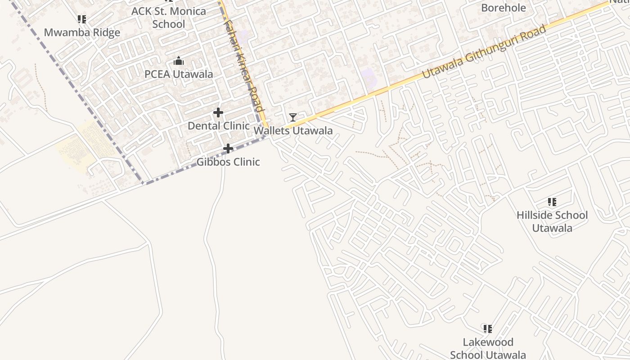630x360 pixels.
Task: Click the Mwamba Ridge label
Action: click(x=82, y=32)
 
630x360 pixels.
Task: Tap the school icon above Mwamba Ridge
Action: click(x=81, y=19)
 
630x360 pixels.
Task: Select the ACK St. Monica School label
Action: click(x=169, y=18)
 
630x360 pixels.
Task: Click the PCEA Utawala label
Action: click(x=179, y=74)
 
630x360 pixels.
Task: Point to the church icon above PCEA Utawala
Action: click(x=179, y=61)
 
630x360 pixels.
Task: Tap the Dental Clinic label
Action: click(x=219, y=126)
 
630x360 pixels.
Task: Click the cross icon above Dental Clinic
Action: click(x=218, y=112)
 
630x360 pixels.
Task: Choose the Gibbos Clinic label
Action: click(x=228, y=162)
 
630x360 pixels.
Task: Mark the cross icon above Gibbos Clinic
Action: click(x=228, y=148)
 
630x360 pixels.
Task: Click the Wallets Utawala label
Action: click(x=293, y=131)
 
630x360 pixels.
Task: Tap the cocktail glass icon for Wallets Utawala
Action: click(x=293, y=117)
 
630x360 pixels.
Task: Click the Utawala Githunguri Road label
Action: click(x=484, y=52)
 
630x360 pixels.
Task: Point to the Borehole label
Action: click(x=504, y=8)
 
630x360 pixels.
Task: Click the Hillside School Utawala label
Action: click(x=552, y=221)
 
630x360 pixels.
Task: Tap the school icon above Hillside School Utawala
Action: click(x=552, y=202)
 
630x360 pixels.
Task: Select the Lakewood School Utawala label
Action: click(x=488, y=348)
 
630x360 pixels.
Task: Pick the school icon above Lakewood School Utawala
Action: click(x=488, y=329)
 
